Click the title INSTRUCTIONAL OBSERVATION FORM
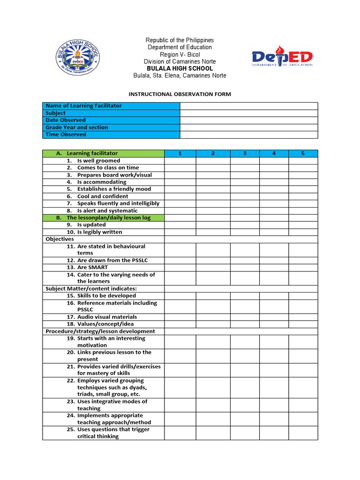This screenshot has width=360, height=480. point(180,94)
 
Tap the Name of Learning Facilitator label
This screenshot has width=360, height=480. point(83,106)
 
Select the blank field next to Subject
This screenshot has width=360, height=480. point(249,113)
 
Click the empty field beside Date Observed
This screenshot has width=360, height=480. point(249,120)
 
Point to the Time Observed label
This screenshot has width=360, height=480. point(66,135)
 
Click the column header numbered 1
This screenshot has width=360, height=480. point(180,153)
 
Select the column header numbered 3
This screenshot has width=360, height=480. point(245,153)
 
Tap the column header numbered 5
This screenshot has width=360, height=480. point(303,153)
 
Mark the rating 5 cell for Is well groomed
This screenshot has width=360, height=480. point(303,161)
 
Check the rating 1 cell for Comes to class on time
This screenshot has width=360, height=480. point(180,168)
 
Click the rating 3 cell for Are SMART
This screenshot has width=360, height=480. point(245,268)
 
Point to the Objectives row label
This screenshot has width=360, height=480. point(60,239)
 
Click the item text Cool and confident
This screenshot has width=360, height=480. point(103,196)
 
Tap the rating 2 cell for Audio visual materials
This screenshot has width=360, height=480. point(213,317)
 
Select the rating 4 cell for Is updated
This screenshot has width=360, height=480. point(274,225)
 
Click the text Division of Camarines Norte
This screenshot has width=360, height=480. point(180,61)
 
